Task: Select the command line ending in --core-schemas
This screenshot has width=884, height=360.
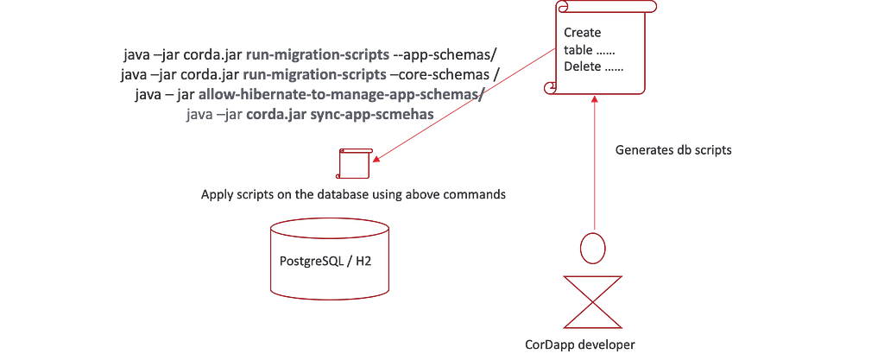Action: pyautogui.click(x=308, y=75)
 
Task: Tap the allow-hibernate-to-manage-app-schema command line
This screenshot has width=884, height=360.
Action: pyautogui.click(x=309, y=94)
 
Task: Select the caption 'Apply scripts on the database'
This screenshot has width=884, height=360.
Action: pyautogui.click(x=352, y=194)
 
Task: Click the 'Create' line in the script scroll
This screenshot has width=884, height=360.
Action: pyautogui.click(x=584, y=33)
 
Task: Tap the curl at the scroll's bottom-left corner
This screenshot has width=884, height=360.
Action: pyautogui.click(x=547, y=86)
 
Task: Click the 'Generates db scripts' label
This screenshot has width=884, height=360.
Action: pyautogui.click(x=673, y=150)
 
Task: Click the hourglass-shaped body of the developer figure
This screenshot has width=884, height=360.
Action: pyautogui.click(x=594, y=302)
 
